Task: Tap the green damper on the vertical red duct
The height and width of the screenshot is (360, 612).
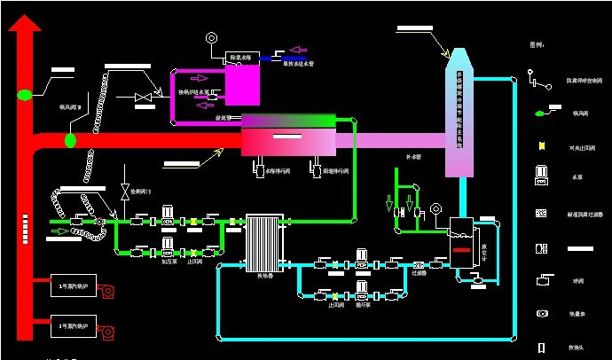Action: coord(24,93)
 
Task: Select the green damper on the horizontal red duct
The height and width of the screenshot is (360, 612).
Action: coord(70,139)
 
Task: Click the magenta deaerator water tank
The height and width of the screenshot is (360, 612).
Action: coord(242,85)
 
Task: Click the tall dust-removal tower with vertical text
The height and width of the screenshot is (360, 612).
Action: coord(459,111)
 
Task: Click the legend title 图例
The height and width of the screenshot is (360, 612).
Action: coord(537,43)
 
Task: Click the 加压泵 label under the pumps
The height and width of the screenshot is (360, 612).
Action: coord(169,262)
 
